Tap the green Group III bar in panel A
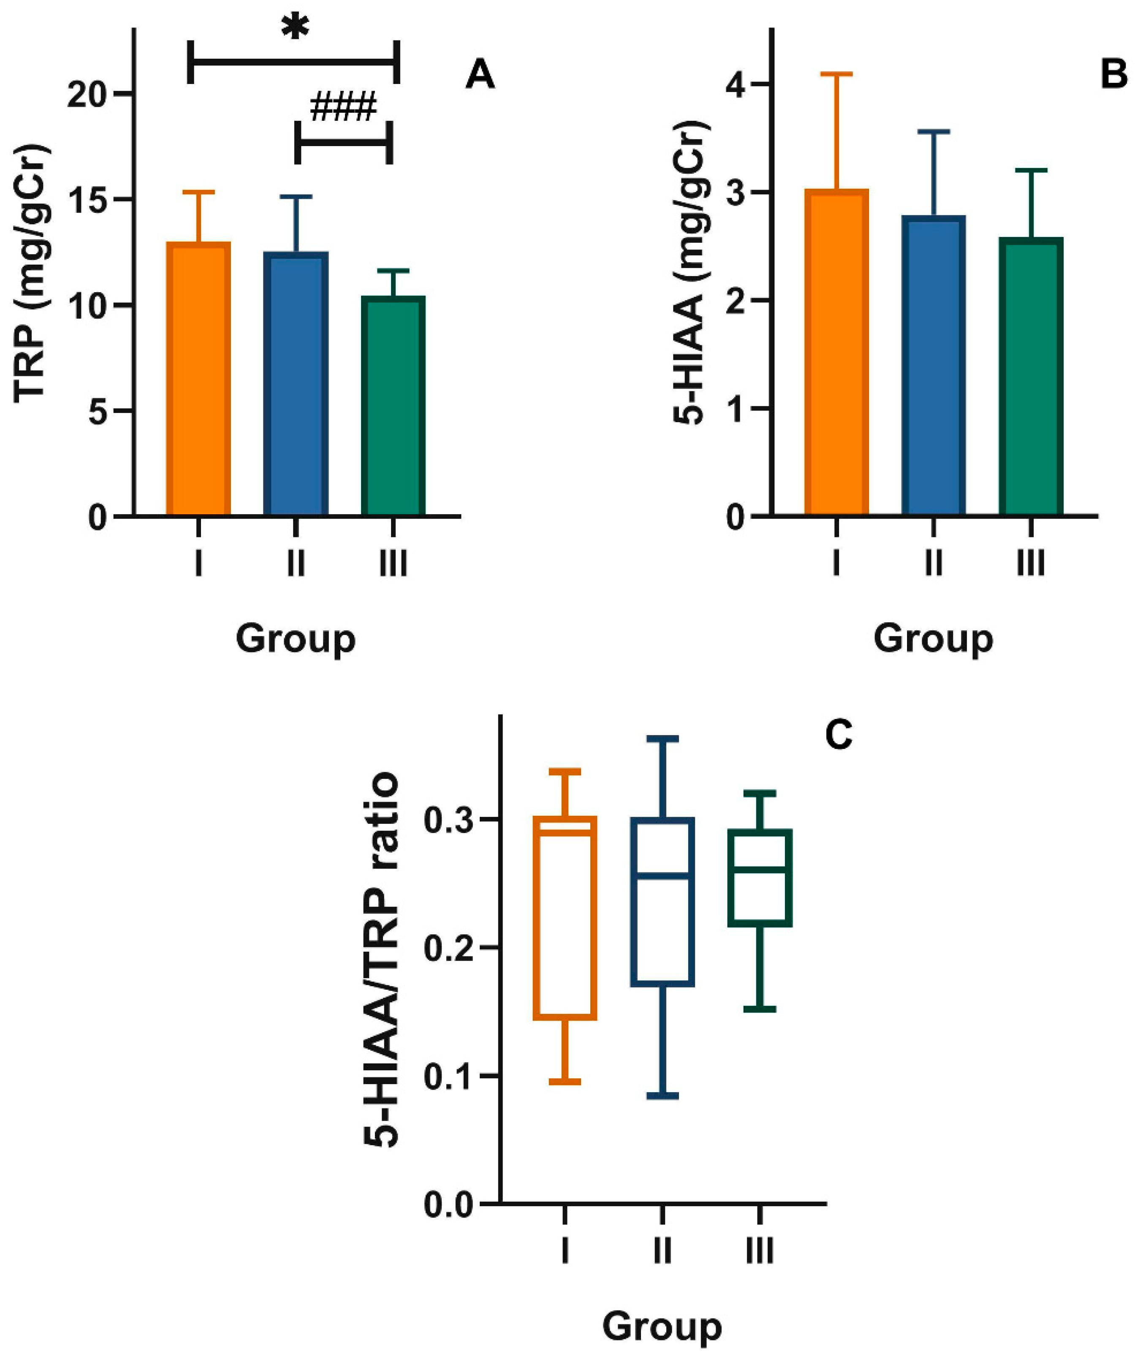coord(393,406)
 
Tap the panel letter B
coord(1113,75)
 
